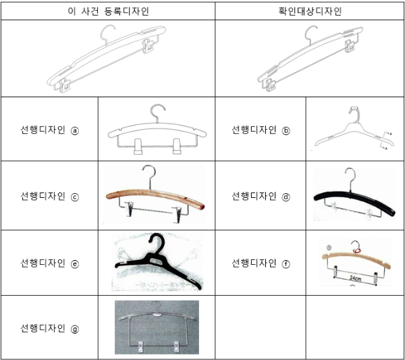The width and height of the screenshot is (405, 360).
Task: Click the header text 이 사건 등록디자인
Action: [108, 11]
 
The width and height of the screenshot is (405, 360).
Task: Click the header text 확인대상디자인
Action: [310, 11]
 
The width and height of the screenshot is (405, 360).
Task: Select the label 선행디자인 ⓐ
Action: [49, 130]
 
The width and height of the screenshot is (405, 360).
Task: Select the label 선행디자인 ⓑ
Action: [261, 130]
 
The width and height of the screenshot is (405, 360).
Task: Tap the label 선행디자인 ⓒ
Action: [49, 196]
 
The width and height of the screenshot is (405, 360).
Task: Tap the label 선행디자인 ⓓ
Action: [261, 196]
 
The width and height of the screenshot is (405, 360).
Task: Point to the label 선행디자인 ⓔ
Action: [49, 263]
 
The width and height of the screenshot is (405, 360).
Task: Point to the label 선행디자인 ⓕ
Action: [261, 263]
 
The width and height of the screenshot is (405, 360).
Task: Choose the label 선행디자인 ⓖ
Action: [49, 328]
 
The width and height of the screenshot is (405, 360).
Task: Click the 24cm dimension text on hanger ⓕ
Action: [356, 278]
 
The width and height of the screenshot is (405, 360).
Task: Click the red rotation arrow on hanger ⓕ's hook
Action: [357, 250]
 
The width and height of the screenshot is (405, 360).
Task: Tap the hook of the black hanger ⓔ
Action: [158, 239]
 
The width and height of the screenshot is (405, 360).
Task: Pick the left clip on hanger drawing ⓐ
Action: [138, 147]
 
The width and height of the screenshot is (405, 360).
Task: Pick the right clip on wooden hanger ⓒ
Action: [178, 214]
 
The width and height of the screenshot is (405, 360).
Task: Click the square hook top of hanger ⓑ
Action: [354, 110]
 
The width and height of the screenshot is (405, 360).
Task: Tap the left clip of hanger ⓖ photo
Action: [140, 346]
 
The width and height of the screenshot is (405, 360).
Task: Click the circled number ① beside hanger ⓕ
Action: [329, 248]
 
